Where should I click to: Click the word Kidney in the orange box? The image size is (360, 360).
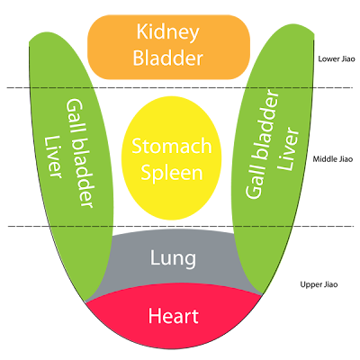click(167, 32)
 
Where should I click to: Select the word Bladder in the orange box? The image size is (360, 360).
click(168, 58)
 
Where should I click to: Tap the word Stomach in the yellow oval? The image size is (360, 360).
click(172, 146)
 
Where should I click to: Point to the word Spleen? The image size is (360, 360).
click(172, 173)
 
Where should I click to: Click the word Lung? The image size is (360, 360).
click(173, 258)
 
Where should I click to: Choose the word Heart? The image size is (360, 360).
click(174, 316)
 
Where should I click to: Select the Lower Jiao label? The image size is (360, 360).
click(337, 58)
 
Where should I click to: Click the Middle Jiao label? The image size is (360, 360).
click(333, 159)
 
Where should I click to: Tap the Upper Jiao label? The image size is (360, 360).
click(319, 284)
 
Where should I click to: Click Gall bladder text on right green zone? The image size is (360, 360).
click(262, 145)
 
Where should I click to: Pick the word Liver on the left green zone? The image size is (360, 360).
click(53, 157)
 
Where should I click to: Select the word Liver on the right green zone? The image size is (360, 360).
click(289, 148)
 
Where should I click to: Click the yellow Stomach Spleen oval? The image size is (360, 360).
click(171, 157)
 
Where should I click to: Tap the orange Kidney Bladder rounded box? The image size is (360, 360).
click(168, 48)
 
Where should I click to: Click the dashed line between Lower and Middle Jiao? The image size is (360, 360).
click(180, 88)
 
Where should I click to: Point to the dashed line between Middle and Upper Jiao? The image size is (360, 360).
click(180, 226)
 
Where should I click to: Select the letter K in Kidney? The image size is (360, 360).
click(142, 31)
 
